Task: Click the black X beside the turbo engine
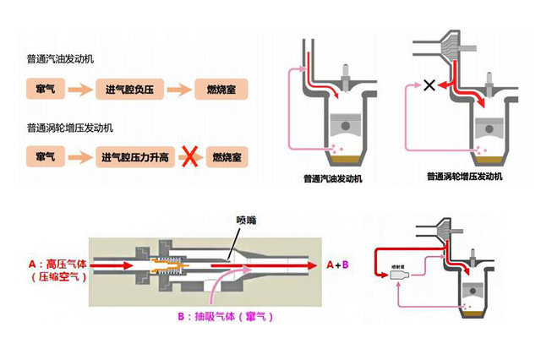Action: point(429,85)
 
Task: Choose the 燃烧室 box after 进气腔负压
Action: point(216,89)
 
